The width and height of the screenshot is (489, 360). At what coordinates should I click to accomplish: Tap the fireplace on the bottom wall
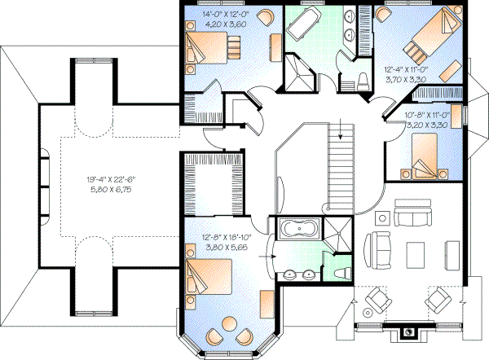(x=410, y=332)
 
